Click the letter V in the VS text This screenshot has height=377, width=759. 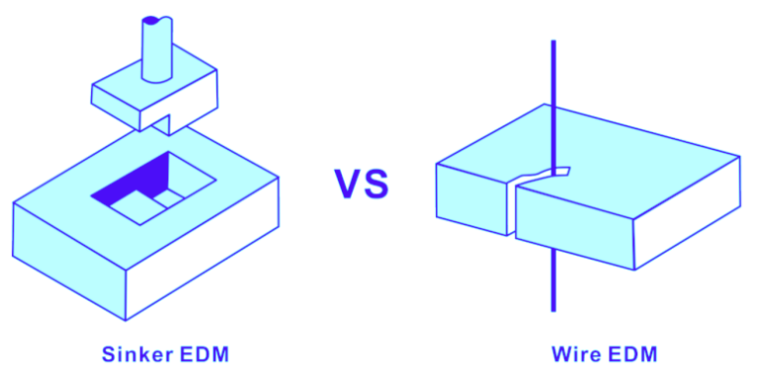tap(349, 185)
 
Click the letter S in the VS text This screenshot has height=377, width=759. tap(377, 185)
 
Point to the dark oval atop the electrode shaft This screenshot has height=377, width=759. tap(150, 20)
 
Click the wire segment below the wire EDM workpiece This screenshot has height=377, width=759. tap(553, 281)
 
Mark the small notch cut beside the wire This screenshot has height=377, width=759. tap(561, 171)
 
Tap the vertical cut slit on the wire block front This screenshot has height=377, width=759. tap(511, 209)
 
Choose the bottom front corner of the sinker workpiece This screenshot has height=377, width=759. tap(126, 319)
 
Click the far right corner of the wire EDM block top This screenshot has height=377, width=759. tap(739, 156)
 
